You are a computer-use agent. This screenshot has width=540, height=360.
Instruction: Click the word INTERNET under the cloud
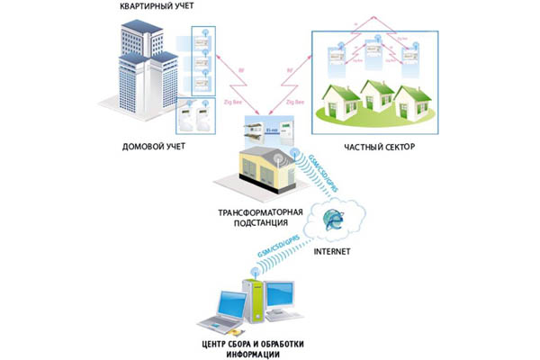331,251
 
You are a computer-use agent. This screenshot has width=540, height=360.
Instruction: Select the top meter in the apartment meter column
202,42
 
